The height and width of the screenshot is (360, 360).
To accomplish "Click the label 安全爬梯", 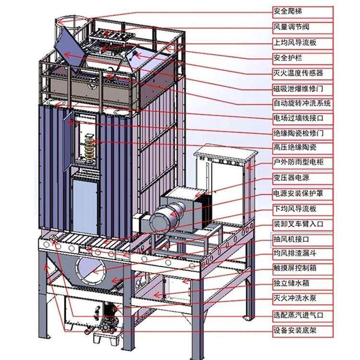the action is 288,11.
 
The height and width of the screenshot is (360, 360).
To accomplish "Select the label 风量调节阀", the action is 291,27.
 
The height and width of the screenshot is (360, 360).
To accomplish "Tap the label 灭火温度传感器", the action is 298,73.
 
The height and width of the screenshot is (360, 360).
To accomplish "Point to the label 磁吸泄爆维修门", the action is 298,88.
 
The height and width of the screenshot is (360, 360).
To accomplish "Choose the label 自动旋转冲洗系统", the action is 302,103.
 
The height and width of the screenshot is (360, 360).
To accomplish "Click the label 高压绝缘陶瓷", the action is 295,147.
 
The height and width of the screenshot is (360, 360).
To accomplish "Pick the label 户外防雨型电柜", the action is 298,162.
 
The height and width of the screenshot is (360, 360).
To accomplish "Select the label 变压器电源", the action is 291,178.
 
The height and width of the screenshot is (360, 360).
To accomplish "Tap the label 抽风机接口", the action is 291,239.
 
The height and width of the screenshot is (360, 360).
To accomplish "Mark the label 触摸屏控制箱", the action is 295,268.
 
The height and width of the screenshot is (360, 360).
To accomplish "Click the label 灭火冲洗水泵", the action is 295,298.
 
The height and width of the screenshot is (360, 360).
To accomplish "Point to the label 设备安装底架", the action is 295,331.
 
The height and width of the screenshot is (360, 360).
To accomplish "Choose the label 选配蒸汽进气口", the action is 298,315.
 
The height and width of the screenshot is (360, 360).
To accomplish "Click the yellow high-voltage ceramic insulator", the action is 89,147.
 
